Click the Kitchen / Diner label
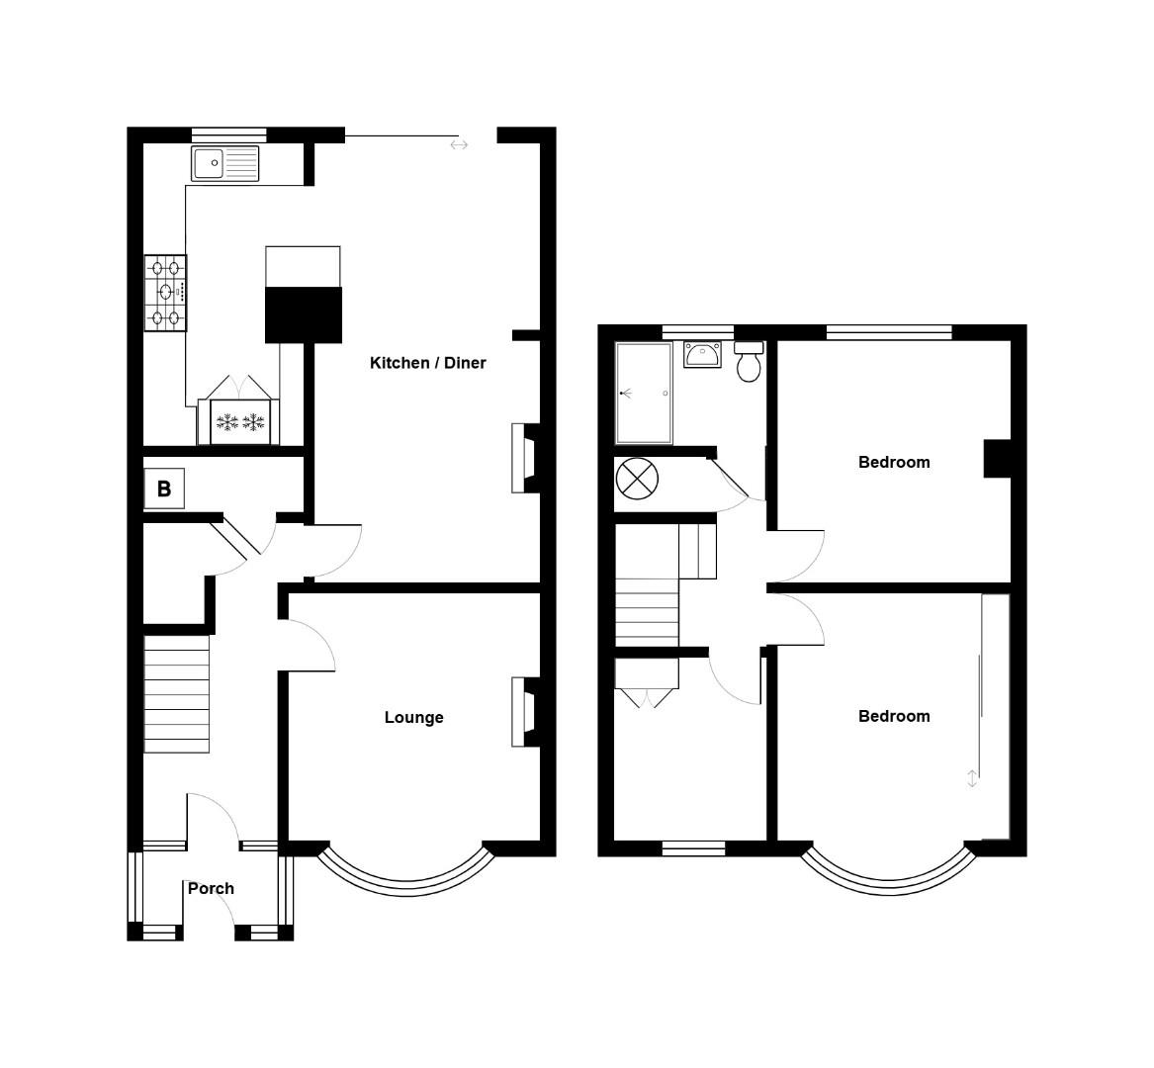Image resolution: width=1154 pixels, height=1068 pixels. (x=427, y=363)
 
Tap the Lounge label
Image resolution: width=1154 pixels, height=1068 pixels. (x=413, y=717)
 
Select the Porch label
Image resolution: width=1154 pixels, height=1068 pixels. (x=211, y=888)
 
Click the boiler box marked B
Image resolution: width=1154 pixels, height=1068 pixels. (x=164, y=489)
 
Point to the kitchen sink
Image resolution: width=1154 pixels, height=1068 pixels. (x=225, y=163)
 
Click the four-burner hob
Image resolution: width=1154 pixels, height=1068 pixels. (x=165, y=293)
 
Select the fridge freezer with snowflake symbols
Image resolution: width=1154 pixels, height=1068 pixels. (x=240, y=422)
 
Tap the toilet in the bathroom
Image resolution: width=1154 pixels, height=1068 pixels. (x=750, y=363)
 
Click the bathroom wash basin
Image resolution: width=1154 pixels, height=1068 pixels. (x=702, y=354)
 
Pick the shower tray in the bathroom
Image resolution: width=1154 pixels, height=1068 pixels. (x=644, y=393)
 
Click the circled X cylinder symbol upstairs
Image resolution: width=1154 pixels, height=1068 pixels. (x=637, y=480)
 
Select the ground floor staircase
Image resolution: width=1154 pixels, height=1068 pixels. (x=177, y=693)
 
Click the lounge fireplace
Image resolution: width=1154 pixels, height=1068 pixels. (x=523, y=711)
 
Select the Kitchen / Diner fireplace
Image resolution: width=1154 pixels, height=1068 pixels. (x=523, y=458)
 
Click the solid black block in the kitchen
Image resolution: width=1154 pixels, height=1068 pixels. (x=303, y=315)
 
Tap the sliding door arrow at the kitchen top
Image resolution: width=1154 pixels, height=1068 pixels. (x=458, y=145)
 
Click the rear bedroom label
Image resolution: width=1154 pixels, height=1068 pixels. (x=893, y=462)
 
